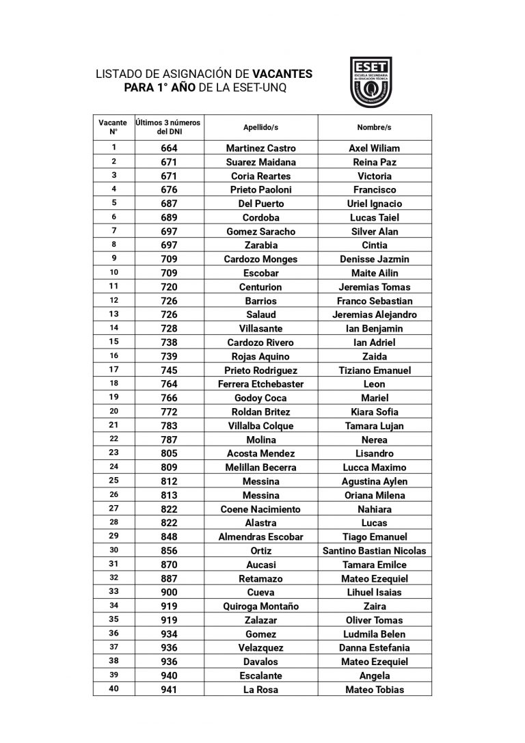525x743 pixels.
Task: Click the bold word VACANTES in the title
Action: tap(282, 72)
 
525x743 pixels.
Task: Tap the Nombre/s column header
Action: tap(374, 127)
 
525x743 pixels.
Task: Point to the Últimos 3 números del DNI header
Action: tap(169, 127)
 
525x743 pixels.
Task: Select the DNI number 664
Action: tap(169, 148)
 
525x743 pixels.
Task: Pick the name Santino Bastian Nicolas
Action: tap(374, 551)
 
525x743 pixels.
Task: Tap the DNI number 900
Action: tap(169, 593)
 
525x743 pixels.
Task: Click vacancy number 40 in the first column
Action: tap(114, 689)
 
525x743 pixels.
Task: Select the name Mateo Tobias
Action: tap(374, 690)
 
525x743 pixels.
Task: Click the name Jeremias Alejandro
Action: tap(374, 314)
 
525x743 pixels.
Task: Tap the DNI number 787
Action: tap(169, 440)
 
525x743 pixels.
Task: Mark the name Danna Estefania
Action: tap(374, 648)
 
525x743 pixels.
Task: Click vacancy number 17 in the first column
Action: tap(114, 370)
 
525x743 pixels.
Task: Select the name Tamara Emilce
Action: tap(374, 565)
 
